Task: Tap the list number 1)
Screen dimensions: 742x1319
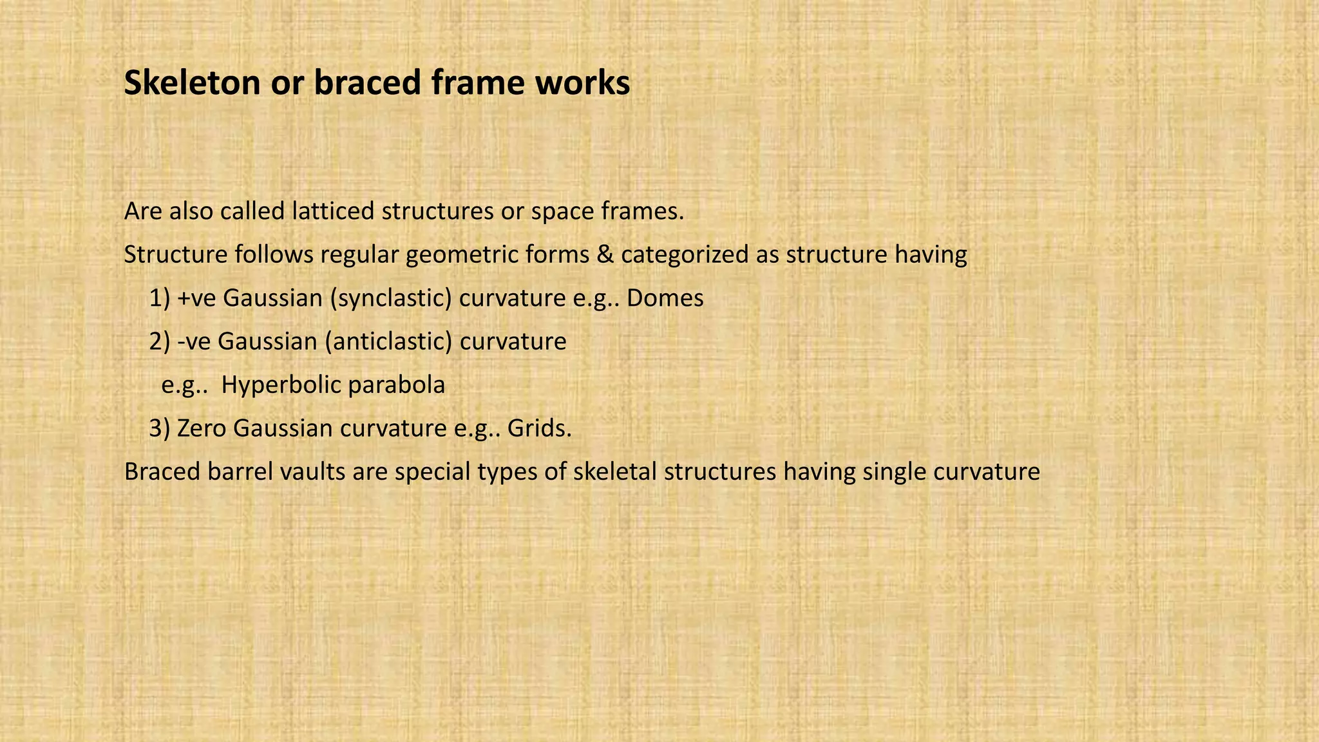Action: coord(160,298)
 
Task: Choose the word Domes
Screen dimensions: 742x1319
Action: coord(665,298)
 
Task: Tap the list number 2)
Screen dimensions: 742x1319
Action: coord(160,341)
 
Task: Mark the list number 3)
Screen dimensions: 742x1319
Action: coord(160,428)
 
